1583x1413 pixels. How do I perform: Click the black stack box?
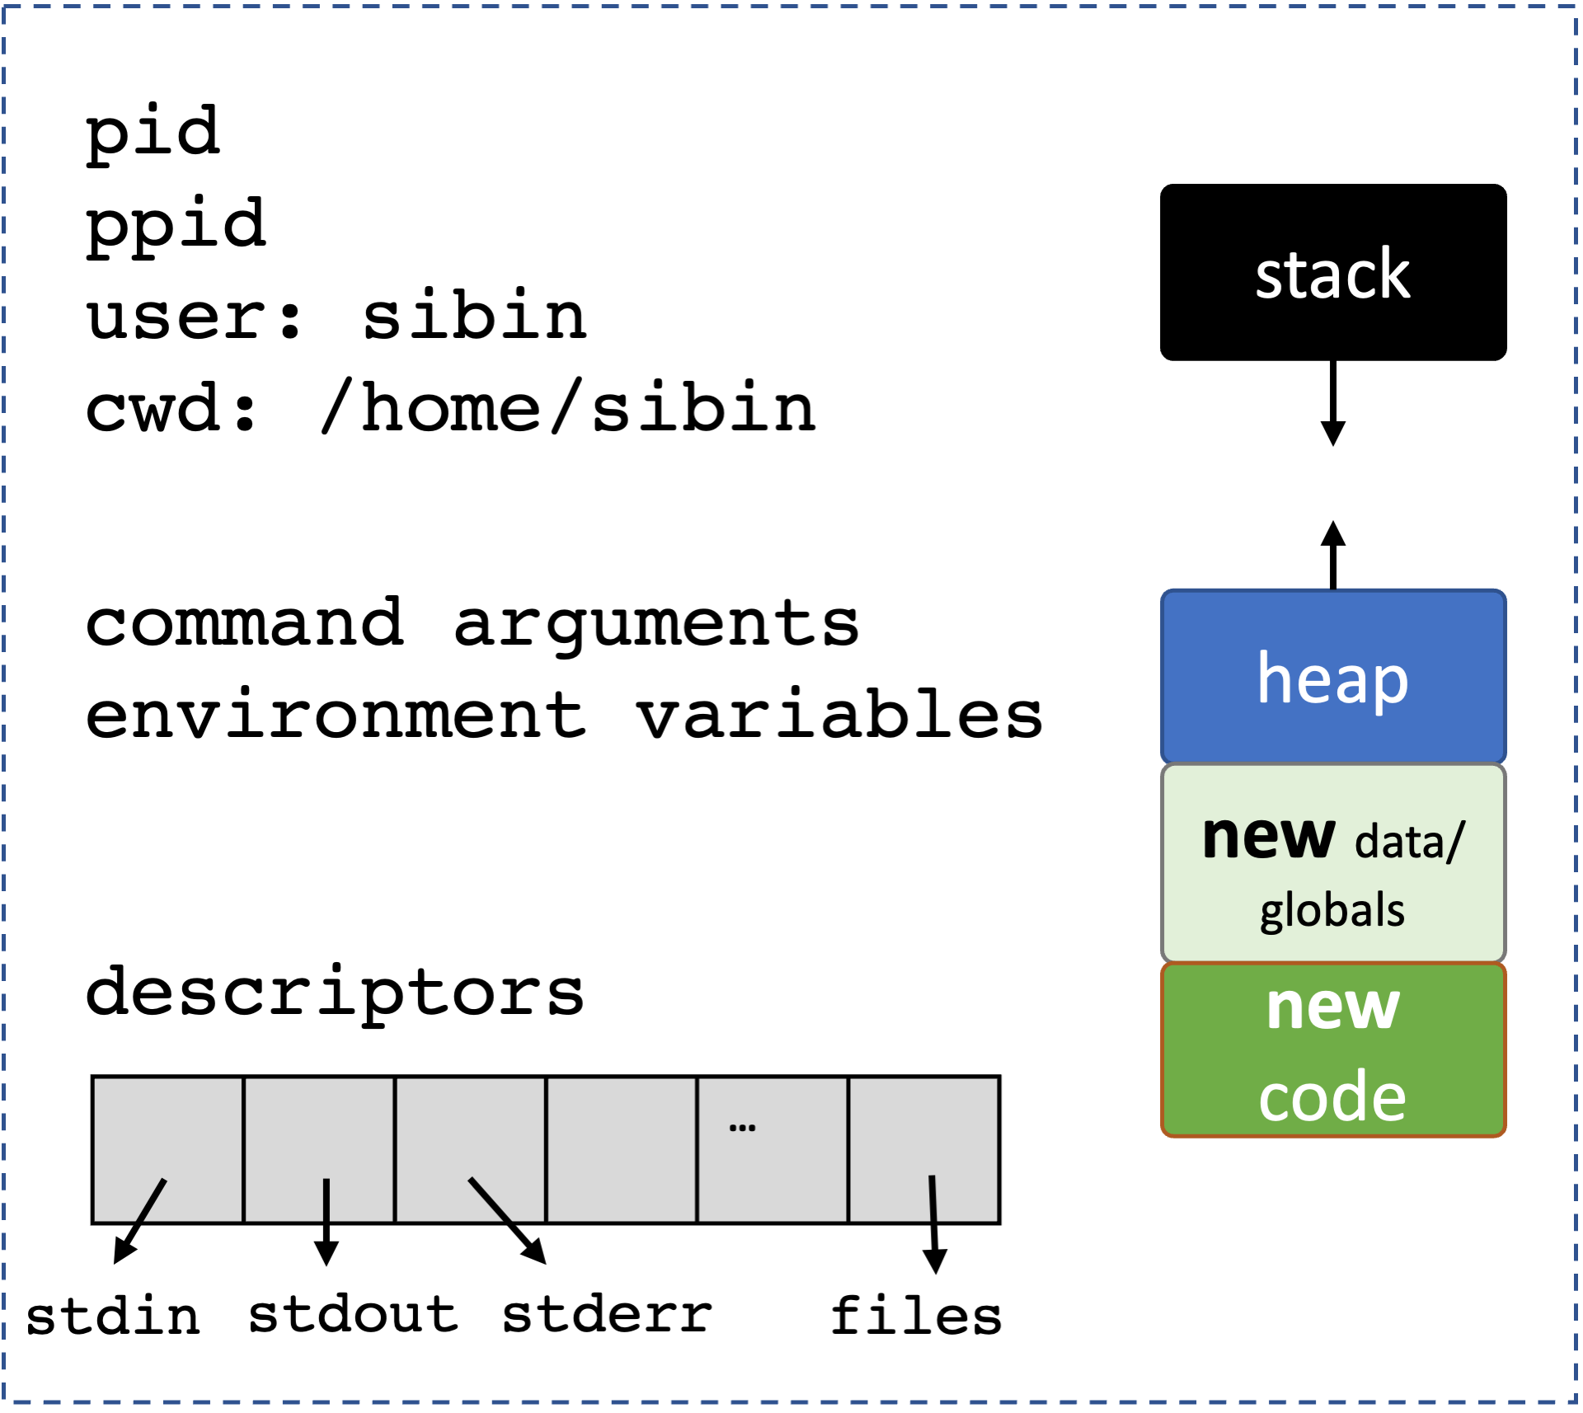1333,272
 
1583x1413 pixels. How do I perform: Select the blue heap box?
1333,677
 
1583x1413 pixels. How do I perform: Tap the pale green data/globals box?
1333,863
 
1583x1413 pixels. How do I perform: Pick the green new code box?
1333,1049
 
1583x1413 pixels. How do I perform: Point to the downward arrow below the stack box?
1333,403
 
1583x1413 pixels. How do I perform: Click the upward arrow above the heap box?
1333,555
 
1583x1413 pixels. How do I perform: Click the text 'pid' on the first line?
153,134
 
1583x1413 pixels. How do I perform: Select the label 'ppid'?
176,226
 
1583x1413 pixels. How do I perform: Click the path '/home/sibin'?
569,406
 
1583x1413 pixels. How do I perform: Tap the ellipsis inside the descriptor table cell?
742,1128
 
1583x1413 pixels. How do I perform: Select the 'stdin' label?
113,1315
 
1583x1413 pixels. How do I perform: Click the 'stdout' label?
353,1313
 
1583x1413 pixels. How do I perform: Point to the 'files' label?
916,1314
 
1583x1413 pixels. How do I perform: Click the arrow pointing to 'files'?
933,1224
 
